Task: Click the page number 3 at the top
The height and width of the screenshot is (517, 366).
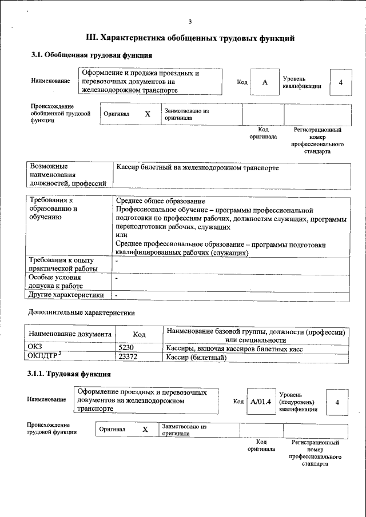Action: (x=189, y=22)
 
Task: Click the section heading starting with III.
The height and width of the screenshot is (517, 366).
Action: (x=190, y=38)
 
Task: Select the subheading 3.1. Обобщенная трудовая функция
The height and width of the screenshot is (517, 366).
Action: (x=91, y=55)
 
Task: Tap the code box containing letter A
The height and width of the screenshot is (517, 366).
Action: (x=265, y=82)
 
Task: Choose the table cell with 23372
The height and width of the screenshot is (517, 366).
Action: (x=129, y=358)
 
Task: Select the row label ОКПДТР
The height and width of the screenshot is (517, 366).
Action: (x=44, y=357)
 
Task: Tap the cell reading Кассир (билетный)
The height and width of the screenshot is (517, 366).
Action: (x=196, y=358)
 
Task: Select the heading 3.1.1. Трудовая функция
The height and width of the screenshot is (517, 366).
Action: (x=69, y=374)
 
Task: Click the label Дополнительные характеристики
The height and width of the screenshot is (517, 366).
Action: (x=81, y=313)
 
